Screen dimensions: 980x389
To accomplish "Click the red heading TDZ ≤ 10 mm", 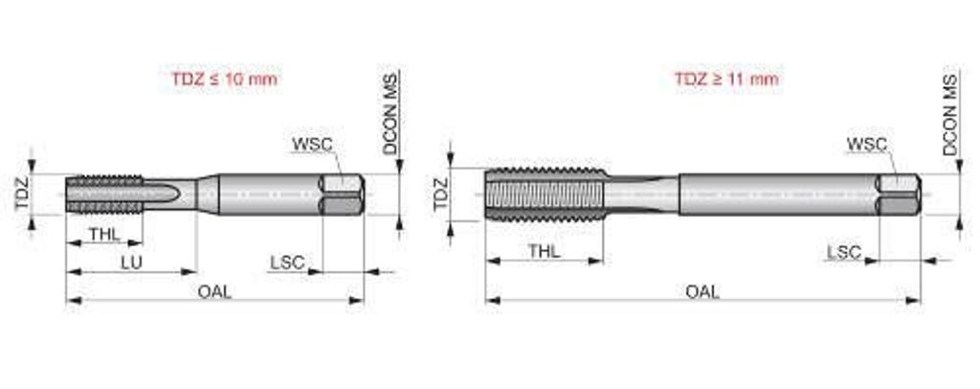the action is tap(224, 79).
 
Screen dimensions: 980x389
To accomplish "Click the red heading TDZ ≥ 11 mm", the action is tap(726, 79).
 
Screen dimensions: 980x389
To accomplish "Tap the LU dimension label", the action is tap(131, 262).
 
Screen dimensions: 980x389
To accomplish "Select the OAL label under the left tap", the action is tap(214, 291).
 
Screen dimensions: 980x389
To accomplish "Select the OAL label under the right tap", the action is tap(702, 291).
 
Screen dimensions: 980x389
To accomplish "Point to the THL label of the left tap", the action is tap(104, 234).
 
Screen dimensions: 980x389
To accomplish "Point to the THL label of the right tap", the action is tap(545, 251).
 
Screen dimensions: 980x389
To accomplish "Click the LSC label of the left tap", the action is tap(287, 262).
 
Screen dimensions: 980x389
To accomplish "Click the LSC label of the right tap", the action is tap(844, 253).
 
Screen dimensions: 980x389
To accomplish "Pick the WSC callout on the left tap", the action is tap(312, 144).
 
